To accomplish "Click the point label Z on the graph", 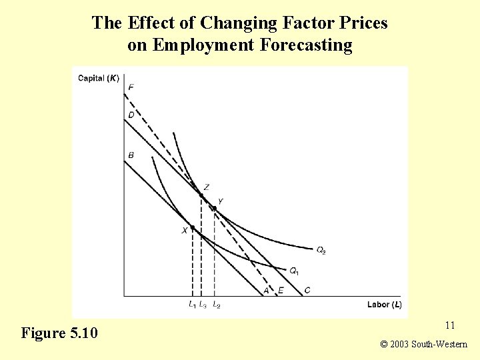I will tap(207, 187).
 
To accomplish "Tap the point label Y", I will tap(221, 201).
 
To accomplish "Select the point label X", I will tap(185, 231).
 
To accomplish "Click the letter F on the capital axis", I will tap(131, 87).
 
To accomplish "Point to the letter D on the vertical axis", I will tap(131, 115).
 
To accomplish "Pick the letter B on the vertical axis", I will tap(131, 155).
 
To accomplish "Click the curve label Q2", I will tap(321, 251).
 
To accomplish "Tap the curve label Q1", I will tap(294, 271).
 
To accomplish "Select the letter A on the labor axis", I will tap(266, 290).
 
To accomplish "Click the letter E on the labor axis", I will tap(281, 290).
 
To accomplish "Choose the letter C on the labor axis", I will tap(307, 290).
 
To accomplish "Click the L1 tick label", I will tap(192, 305).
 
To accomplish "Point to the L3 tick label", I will tap(203, 305).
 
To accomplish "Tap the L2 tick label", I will tap(216, 305).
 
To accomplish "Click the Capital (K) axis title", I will tap(99, 78).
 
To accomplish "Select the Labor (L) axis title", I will tap(384, 305).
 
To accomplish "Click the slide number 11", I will tap(449, 325).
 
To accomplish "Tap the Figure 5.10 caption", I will tap(59, 333).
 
